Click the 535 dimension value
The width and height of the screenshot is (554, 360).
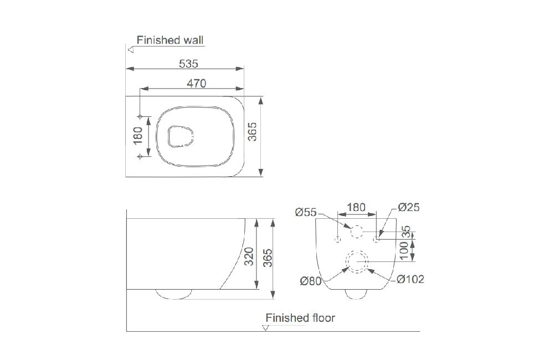[x=188, y=64]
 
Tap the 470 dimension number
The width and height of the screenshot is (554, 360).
[x=196, y=84]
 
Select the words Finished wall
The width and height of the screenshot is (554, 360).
[x=170, y=40]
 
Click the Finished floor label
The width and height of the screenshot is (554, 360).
[x=300, y=317]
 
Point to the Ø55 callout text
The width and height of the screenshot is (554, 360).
[x=306, y=212]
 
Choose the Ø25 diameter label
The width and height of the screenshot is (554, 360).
[x=408, y=207]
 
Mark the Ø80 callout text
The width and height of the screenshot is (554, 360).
[x=311, y=281]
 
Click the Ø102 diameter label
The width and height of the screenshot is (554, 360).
[x=410, y=279]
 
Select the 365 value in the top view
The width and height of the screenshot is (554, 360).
[x=252, y=132]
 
